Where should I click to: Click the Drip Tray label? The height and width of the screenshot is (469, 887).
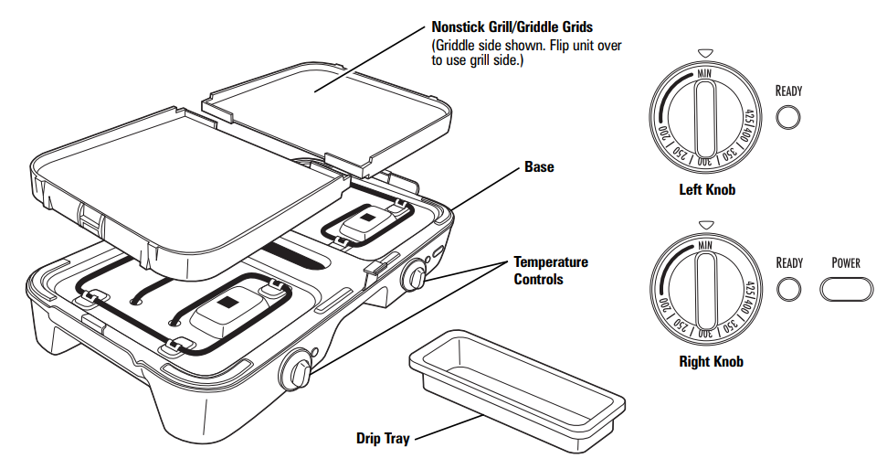[383, 439]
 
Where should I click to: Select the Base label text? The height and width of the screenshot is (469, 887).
[539, 167]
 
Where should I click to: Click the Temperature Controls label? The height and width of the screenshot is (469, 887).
[551, 271]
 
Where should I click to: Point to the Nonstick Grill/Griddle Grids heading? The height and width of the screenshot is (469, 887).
[512, 27]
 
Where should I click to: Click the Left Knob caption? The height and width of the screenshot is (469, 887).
[707, 190]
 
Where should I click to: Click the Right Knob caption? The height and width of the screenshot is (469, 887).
[711, 361]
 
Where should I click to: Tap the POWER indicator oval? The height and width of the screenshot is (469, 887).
[846, 290]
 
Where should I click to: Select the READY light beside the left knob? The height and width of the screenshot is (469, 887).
[788, 118]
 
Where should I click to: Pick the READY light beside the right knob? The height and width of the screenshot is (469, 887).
[788, 290]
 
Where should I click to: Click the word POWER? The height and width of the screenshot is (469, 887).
[846, 262]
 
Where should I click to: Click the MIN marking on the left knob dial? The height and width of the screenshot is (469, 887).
[704, 74]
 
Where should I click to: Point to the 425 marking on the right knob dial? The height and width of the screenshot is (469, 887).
[751, 289]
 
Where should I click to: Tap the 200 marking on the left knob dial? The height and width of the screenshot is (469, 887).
[662, 132]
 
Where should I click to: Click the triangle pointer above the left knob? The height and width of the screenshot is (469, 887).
[704, 53]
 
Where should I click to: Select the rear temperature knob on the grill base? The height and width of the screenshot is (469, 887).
[415, 274]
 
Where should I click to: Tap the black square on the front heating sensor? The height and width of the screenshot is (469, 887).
[228, 302]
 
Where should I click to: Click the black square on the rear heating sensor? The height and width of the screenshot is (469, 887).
[368, 218]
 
